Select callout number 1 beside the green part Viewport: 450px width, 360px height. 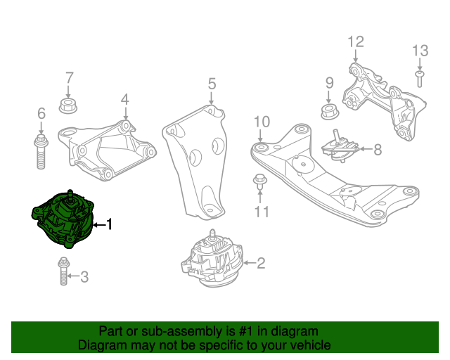coord(109,224)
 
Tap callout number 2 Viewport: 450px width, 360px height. coord(261,264)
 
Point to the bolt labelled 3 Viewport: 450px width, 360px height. coord(63,271)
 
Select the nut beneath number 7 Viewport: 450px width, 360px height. coord(69,108)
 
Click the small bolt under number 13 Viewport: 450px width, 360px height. coord(420,77)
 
